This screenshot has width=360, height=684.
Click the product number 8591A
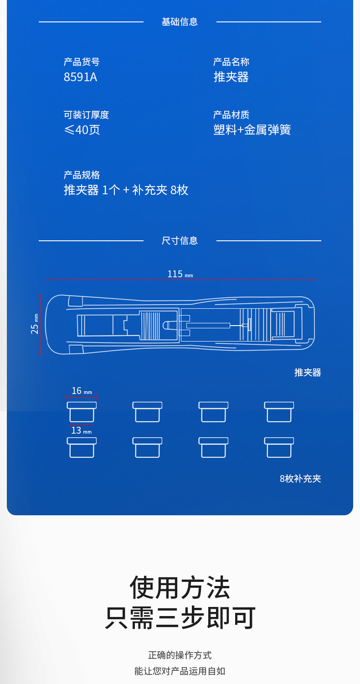click(80, 77)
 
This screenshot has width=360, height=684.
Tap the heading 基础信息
click(180, 22)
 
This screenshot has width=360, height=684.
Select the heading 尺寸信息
click(180, 241)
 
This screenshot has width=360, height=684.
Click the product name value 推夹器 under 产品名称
click(231, 77)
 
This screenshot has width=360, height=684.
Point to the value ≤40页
click(82, 130)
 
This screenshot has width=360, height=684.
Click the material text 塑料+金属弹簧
click(252, 130)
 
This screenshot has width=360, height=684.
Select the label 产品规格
click(82, 175)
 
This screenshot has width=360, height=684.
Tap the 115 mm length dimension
click(180, 274)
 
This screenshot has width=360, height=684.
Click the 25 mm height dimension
click(35, 324)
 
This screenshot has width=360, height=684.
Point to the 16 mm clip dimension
click(81, 391)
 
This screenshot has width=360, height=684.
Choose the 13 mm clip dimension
click(81, 430)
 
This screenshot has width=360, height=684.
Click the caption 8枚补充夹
click(300, 479)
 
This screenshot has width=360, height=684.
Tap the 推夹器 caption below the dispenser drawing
click(308, 373)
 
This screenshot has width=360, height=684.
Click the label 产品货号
click(82, 62)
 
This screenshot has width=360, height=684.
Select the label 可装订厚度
click(86, 115)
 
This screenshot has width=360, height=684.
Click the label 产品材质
click(231, 115)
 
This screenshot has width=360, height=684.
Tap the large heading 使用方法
click(180, 587)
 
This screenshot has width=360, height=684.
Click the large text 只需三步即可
click(180, 618)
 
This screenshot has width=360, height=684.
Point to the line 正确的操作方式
click(180, 655)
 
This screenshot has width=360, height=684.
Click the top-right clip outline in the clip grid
click(279, 412)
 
